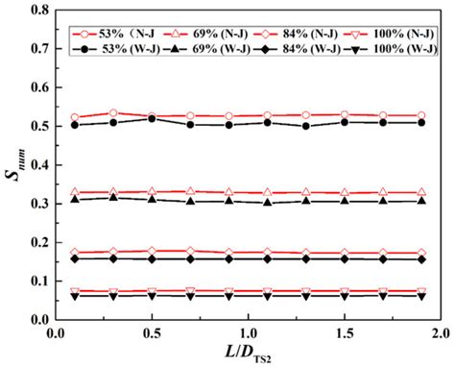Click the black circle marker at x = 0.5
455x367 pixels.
tap(152, 118)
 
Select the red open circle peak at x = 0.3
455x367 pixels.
tap(113, 113)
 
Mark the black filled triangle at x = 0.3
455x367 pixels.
tap(113, 197)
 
